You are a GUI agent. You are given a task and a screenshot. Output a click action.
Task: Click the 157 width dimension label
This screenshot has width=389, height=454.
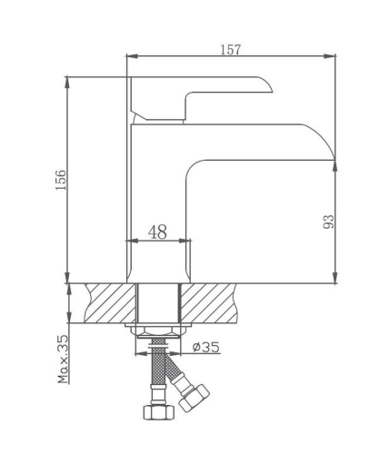[231, 50]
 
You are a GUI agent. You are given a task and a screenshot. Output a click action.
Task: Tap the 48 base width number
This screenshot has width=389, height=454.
[157, 232]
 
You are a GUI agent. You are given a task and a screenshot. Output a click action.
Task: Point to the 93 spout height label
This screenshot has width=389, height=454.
[328, 221]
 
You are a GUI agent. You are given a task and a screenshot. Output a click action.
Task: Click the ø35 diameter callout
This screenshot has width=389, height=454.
[207, 346]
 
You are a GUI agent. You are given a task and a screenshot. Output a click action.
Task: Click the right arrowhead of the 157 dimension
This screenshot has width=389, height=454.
[333, 56]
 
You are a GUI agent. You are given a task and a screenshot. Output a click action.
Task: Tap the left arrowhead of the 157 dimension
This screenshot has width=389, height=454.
[129, 56]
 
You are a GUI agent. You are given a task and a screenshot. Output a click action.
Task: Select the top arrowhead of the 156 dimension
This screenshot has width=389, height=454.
[68, 80]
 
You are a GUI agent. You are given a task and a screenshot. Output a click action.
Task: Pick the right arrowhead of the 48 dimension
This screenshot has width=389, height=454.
[188, 242]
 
